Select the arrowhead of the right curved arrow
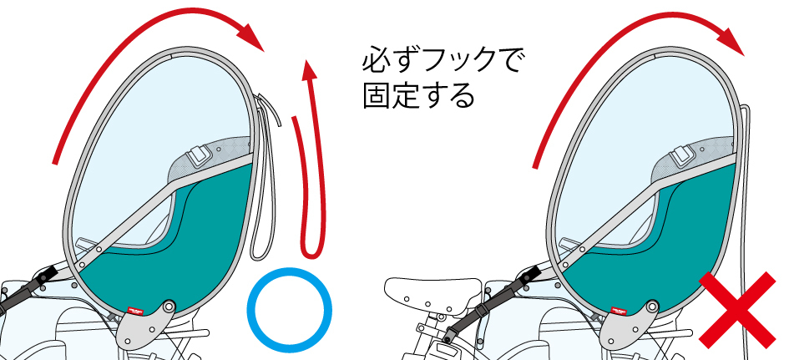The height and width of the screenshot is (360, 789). point(731,38)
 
